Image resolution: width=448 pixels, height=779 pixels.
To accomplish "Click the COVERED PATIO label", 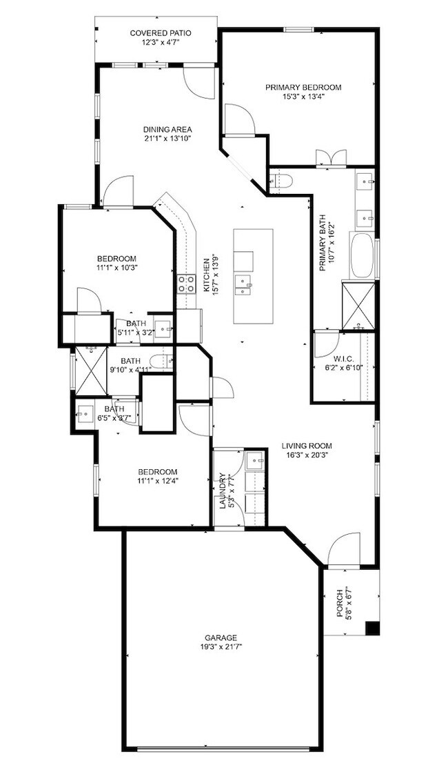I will coord(161,32).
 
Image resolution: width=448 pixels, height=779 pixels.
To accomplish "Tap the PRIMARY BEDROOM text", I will coord(303,88).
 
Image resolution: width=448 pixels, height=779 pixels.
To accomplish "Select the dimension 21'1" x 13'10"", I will coord(167,138).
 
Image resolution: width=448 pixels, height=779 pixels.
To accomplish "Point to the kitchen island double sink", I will coord(243,284).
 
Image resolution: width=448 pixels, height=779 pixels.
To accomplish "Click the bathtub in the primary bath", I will coord(364,257).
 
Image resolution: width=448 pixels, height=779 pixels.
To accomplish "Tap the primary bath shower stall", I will coord(359,304).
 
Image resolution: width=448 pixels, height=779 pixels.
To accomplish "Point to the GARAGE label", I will coord(221,638).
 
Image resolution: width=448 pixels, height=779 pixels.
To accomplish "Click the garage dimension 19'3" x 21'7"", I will coord(221,647).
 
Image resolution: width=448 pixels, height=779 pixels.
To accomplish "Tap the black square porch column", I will coord(372,629).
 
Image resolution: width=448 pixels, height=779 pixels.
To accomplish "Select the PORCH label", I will coord(340,602).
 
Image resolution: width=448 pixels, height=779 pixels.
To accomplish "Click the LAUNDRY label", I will coord(222,491).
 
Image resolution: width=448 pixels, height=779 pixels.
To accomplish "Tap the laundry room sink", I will coord(256,460).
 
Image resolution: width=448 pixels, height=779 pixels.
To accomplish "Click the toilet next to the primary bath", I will coord(283,181).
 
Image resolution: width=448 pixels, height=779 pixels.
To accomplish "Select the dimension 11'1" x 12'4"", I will coord(156,481).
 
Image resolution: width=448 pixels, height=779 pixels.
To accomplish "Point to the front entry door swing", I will coord(343,549).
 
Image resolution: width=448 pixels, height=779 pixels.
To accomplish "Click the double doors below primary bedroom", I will coord(325,159).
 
